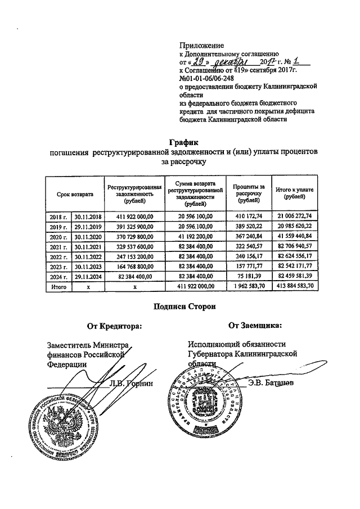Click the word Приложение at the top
coord(201,44)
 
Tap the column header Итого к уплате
coord(291,194)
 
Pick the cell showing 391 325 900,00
coord(135,227)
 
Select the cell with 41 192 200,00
coord(195,237)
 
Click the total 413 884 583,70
coord(291,287)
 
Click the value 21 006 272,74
coord(291,216)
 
